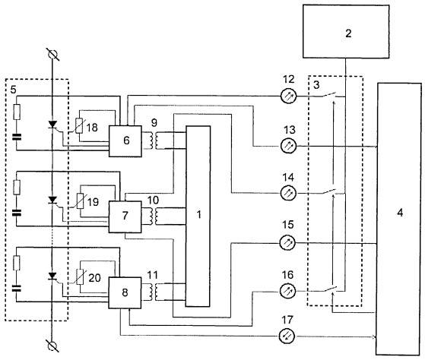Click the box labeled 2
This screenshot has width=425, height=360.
(x=346, y=31)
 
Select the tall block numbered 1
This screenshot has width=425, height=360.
(x=198, y=216)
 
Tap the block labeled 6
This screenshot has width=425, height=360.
(x=125, y=141)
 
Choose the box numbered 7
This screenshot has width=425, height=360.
(x=125, y=216)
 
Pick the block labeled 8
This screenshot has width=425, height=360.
(x=125, y=292)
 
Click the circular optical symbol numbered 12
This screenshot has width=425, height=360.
(x=288, y=96)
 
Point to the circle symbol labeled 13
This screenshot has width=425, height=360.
(x=288, y=146)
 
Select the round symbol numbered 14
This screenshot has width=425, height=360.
(x=288, y=194)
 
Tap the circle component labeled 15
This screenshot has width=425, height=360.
(x=288, y=243)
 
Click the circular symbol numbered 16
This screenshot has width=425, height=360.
(x=287, y=291)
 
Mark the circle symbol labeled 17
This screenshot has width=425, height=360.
(x=287, y=336)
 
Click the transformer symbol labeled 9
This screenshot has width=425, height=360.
(x=154, y=141)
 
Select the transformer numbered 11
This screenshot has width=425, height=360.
(x=154, y=292)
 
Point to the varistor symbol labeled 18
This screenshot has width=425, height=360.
(x=79, y=125)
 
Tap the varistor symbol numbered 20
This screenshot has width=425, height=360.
(x=80, y=277)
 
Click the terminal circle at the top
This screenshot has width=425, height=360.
(x=52, y=55)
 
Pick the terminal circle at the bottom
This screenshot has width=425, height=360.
(x=52, y=346)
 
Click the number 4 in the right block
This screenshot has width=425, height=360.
(x=400, y=213)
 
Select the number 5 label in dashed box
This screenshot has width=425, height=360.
(x=13, y=90)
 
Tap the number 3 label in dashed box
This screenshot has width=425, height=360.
(x=316, y=85)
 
